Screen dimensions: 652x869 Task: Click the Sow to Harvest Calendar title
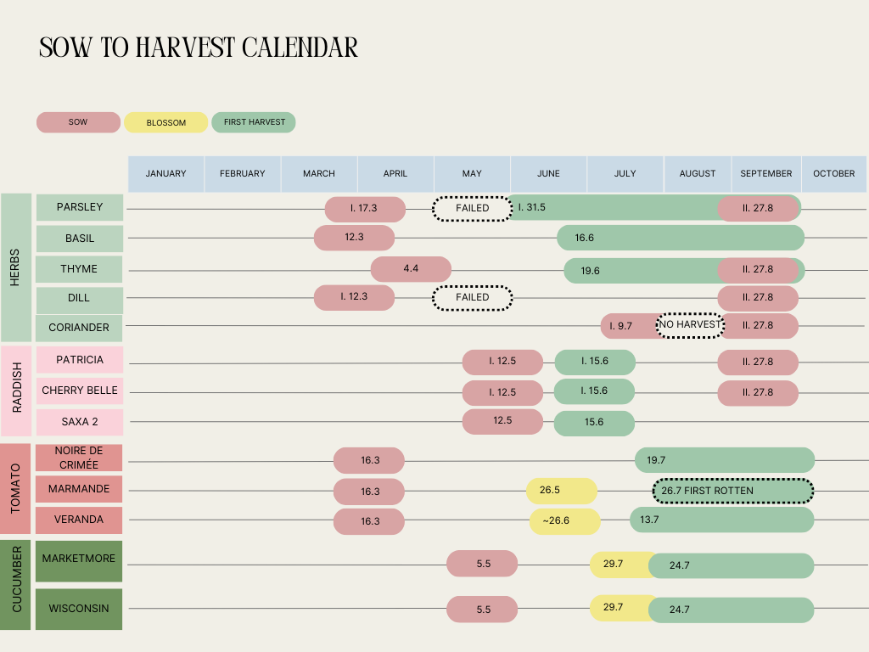tap(199, 48)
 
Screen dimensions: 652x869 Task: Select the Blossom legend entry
tap(165, 122)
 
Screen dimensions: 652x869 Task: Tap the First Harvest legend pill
tap(254, 122)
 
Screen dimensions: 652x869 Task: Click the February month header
tap(243, 173)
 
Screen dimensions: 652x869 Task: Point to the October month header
tap(833, 173)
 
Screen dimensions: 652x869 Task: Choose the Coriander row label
tap(79, 328)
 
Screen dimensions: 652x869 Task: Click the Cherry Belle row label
tap(80, 391)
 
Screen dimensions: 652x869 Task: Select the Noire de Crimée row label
tap(79, 458)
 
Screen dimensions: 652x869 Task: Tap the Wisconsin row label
tap(79, 609)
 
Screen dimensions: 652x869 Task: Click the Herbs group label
tap(16, 267)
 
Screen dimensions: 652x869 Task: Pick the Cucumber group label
tap(16, 584)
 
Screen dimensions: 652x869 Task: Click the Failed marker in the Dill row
tap(473, 298)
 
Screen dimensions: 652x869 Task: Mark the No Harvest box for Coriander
tap(690, 324)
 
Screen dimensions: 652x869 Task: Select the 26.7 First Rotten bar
tap(732, 491)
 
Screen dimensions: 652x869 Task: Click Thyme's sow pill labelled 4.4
tap(411, 269)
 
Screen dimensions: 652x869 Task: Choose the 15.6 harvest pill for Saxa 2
tap(594, 423)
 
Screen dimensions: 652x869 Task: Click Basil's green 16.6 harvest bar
tap(680, 238)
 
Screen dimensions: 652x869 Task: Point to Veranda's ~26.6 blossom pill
tap(564, 521)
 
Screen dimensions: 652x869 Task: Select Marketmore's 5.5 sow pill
tap(482, 564)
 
